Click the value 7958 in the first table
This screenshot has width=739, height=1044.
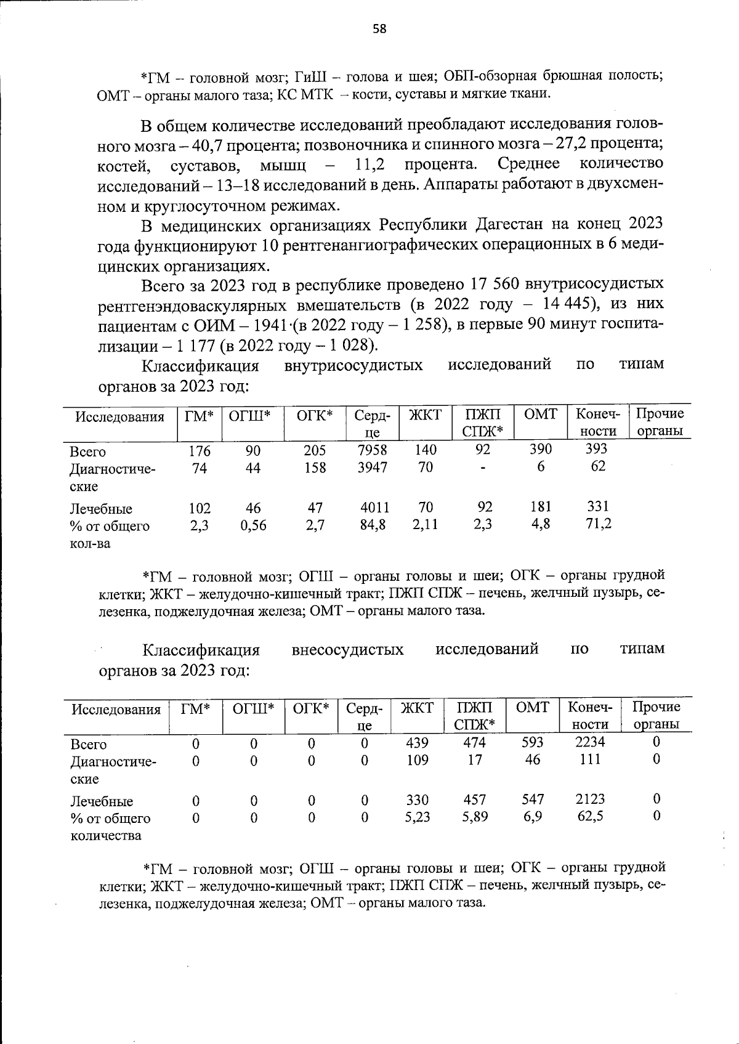point(373,450)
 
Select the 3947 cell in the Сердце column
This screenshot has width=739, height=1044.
point(373,467)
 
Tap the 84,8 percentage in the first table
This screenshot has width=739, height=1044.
point(373,525)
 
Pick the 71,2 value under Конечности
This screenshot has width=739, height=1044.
point(597,524)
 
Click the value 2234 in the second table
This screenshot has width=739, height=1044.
point(590,742)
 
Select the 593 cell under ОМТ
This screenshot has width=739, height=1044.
point(533,742)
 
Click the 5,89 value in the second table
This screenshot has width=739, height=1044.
point(474,817)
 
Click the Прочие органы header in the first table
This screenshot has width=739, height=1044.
point(660,422)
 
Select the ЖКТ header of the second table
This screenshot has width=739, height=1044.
point(418,708)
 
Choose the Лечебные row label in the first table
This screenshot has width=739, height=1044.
point(100,509)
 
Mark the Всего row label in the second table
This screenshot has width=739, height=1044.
point(89,744)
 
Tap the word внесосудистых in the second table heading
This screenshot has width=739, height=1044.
point(347,649)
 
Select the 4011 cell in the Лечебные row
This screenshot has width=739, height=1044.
point(374,508)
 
